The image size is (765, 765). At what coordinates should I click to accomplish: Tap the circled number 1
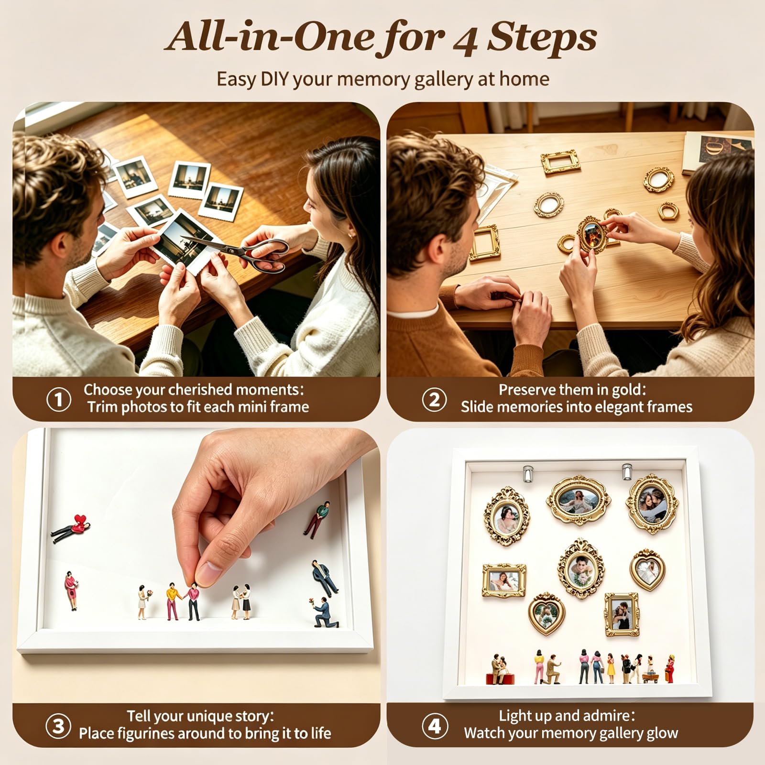[59, 400]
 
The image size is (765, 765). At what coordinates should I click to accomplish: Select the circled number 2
[434, 400]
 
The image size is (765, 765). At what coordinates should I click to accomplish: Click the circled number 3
[58, 726]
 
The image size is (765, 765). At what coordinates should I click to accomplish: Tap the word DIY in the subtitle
[274, 79]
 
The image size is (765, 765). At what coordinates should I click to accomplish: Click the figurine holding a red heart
[72, 527]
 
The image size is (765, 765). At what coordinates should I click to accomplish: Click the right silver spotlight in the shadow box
[627, 471]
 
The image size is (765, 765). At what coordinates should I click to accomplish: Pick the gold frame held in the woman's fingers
[592, 234]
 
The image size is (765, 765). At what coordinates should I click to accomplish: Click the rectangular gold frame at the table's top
[561, 162]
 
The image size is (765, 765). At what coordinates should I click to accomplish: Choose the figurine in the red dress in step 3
[71, 590]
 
